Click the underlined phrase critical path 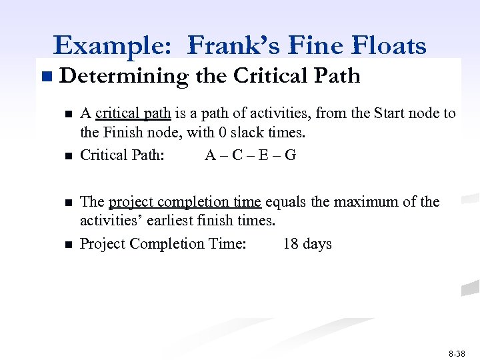pos(133,113)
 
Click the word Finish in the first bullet pos(128,133)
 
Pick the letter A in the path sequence pos(211,155)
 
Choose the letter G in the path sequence pos(290,155)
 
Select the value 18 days pos(307,244)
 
